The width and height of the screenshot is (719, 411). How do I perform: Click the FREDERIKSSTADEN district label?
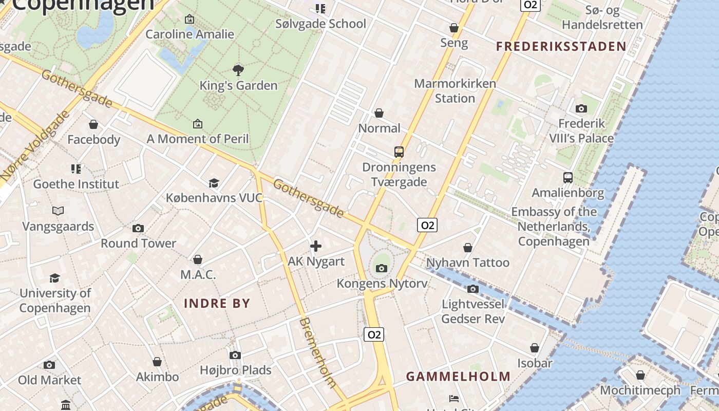[x=561, y=47]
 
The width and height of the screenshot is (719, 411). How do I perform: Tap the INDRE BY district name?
[x=217, y=303]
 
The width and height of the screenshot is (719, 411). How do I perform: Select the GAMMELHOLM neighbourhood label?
[x=458, y=377]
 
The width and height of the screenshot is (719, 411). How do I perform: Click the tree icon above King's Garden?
[x=238, y=70]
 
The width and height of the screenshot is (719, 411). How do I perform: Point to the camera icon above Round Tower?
[x=138, y=228]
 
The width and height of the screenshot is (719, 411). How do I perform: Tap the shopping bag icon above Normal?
[x=379, y=113]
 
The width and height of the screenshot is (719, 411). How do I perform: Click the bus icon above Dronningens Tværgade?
[x=399, y=152]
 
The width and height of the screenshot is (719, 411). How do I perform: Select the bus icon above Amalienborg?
[x=567, y=178]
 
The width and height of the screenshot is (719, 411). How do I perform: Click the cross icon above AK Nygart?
[x=316, y=247]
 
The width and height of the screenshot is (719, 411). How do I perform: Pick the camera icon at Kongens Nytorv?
[x=381, y=268]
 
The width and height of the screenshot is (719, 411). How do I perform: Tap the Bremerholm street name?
[x=317, y=352]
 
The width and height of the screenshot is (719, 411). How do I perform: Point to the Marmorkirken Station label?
[x=455, y=90]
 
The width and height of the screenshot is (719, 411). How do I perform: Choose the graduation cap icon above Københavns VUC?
[x=214, y=183]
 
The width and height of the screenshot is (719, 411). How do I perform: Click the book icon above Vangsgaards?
[x=58, y=211]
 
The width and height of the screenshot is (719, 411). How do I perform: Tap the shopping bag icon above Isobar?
[x=535, y=348]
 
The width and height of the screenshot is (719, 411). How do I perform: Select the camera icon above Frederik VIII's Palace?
[x=581, y=108]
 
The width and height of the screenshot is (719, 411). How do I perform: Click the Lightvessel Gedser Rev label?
[x=473, y=311]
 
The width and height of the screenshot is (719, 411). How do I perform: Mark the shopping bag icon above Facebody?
[x=93, y=124]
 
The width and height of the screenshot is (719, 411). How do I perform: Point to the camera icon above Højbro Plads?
[x=235, y=355]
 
